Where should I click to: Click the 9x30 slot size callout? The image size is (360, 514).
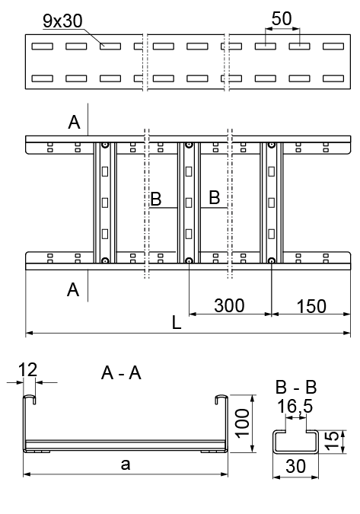coord(62,21)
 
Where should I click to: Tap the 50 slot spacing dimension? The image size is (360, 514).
coord(282,18)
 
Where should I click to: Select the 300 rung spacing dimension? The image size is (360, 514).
coord(229,305)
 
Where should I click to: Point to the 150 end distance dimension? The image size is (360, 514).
coord(311,306)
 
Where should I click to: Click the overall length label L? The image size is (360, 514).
coord(177,323)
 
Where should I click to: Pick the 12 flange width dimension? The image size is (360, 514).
coord(27,369)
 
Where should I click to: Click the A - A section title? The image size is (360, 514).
coord(121,373)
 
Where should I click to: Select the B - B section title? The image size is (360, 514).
coord(296,387)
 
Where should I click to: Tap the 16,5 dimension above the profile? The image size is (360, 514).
coord(295,406)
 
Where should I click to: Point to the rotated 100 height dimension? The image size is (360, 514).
coord(243,423)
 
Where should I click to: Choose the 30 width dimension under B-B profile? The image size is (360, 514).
coord(296,466)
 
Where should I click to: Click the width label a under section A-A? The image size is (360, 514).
coord(126,465)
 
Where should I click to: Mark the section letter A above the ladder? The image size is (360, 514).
coord(74,123)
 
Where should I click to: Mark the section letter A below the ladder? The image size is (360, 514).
coord(73,290)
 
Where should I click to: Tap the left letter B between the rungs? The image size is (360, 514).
coord(156,199)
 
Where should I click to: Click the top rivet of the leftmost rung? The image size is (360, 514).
coord(105,145)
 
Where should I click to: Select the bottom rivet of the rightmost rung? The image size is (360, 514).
coord(271,261)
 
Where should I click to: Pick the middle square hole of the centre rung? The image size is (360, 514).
coord(188,203)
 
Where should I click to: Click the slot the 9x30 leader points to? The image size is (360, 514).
coord(110,46)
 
